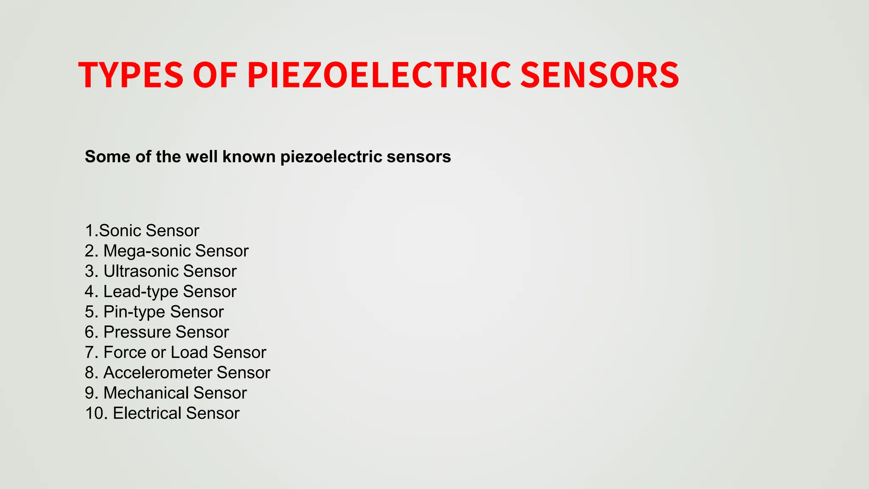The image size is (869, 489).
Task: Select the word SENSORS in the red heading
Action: [x=599, y=75]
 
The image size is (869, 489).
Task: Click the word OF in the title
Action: [x=215, y=75]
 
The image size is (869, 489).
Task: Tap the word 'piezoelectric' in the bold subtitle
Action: [x=331, y=157]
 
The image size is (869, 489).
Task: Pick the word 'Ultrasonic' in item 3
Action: [x=141, y=271]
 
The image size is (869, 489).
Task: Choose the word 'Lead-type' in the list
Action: [x=141, y=292]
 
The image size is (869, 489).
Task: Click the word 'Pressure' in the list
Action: [x=137, y=332]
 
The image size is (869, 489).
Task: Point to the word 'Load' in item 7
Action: [x=189, y=352]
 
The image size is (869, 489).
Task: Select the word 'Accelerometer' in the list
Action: [x=158, y=373]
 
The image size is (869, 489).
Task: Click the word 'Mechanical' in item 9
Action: [x=146, y=393]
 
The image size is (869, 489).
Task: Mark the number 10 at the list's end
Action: [x=94, y=413]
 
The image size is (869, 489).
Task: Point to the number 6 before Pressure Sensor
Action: [x=90, y=332]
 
